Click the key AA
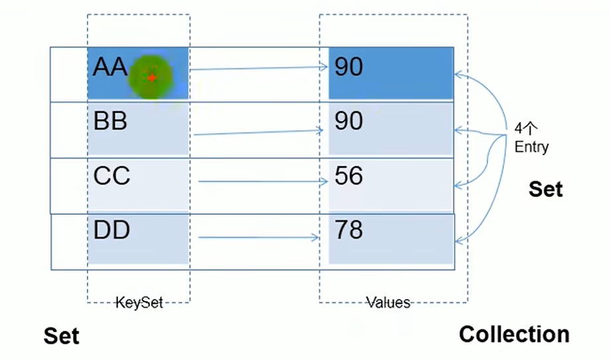point(109,66)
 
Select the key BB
point(110,121)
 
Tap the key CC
point(111,176)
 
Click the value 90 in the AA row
point(349,66)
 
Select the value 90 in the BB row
point(349,121)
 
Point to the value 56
point(349,176)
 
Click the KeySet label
point(139,302)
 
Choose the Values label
point(389,302)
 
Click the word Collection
point(515,334)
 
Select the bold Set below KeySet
point(62,336)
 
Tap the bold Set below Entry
point(546,189)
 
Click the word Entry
point(531,147)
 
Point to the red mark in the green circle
point(151,78)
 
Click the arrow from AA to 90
point(259,68)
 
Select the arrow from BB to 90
point(259,133)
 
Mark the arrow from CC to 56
point(263,182)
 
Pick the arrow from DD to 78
point(259,237)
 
